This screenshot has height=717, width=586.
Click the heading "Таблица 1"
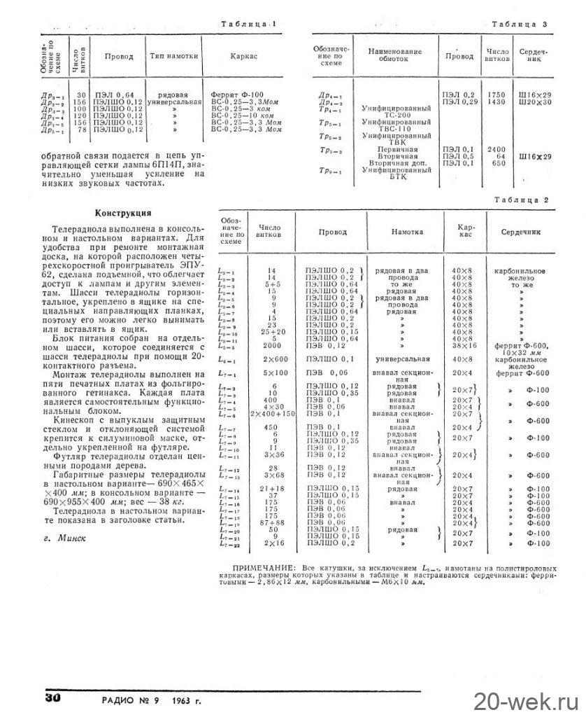coord(248,24)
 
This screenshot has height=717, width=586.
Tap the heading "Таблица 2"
coord(520,200)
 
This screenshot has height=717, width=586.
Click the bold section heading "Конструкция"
coord(124,213)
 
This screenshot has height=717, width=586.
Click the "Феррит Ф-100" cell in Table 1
coord(236,94)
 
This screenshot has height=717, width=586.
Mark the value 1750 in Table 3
coord(495,94)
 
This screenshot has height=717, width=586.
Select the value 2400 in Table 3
coord(495,149)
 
